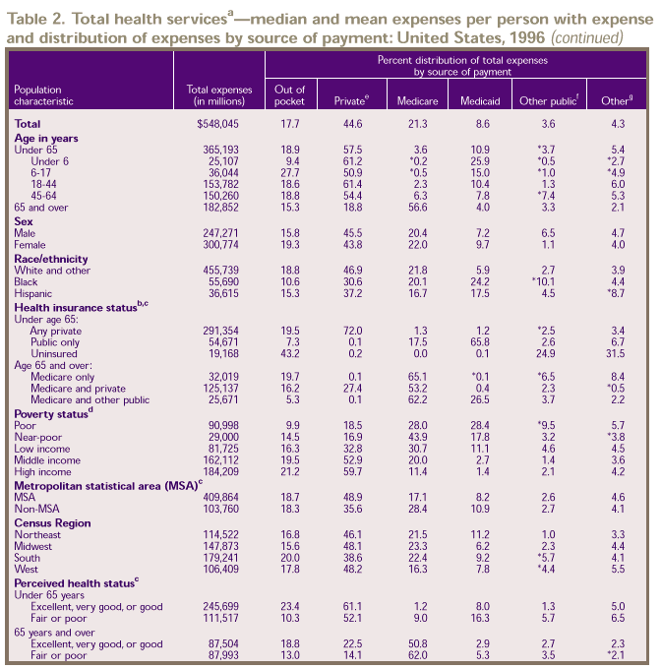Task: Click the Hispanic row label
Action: pos(34,266)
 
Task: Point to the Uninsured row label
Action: pos(54,325)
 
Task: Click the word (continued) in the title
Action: pos(587,38)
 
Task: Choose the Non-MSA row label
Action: pos(37,509)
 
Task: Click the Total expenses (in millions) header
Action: pos(213,95)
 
